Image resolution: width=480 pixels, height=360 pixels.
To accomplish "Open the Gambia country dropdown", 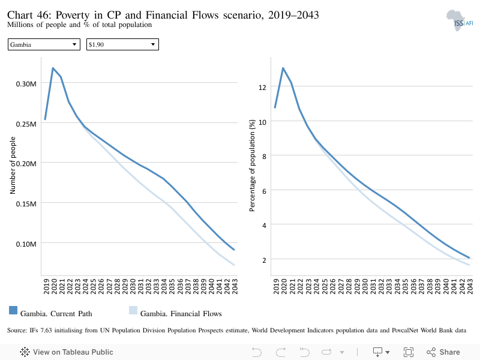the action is pos(44,44).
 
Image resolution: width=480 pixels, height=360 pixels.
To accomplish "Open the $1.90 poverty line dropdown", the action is pos(122,44).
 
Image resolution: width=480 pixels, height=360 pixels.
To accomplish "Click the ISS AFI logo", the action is pos(460,20).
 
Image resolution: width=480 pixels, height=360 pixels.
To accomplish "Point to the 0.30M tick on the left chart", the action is pos(26,84).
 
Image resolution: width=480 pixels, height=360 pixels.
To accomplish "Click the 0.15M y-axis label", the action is pos(26,204).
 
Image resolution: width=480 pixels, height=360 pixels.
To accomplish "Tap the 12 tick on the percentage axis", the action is pos(262,88).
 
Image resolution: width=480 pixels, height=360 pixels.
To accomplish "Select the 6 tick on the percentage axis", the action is pos(264,191).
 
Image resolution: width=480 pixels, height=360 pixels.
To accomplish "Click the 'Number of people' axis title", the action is pos(13,166).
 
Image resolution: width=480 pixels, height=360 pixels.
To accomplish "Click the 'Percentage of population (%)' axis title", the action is pos(252,166).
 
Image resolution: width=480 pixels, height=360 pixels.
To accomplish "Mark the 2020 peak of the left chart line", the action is pos(53,68).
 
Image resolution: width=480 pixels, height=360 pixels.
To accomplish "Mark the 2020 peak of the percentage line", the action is pos(283,68).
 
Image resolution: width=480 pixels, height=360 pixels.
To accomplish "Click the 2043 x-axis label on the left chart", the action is pos(235,286).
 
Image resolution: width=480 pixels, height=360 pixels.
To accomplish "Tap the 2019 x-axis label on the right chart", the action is pos(276,286).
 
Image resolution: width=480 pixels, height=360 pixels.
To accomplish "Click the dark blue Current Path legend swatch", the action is pos(13,310).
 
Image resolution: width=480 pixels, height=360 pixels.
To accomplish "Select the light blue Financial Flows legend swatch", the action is pos(133,310).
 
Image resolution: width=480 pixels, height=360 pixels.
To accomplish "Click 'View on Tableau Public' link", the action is pos(67,352).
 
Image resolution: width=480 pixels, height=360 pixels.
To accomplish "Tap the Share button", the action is pos(443,352).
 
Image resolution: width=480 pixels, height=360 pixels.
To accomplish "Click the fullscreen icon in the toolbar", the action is pos(409,352).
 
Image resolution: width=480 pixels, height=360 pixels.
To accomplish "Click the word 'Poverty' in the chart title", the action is pos(73,15).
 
